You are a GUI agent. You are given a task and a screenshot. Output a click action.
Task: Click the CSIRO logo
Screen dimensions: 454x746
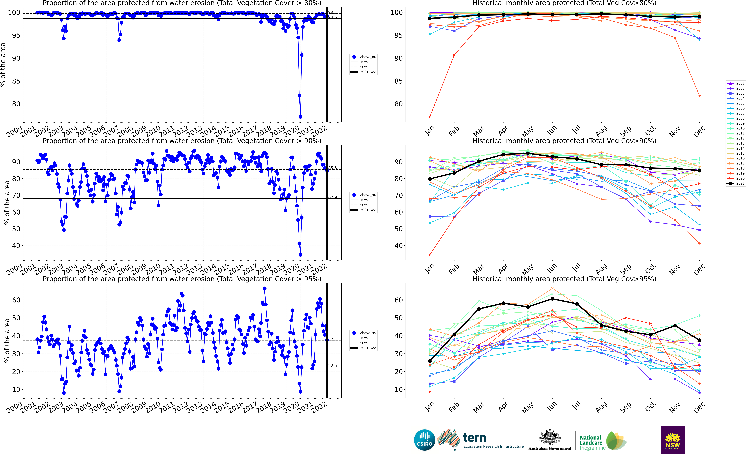pos(424,440)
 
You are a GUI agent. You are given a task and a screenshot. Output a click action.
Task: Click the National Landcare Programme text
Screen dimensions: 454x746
pos(592,442)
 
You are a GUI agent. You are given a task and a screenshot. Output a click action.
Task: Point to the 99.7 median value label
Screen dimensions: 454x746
pos(332,12)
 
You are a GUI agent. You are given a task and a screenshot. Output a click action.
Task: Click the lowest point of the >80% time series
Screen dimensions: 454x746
pos(300,117)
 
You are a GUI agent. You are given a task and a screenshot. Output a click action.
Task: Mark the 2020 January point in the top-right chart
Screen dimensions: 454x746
pos(430,117)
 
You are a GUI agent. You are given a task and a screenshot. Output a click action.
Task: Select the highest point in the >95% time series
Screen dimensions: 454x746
pos(265,288)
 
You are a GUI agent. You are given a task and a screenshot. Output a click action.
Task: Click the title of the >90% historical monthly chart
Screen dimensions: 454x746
pos(564,141)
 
